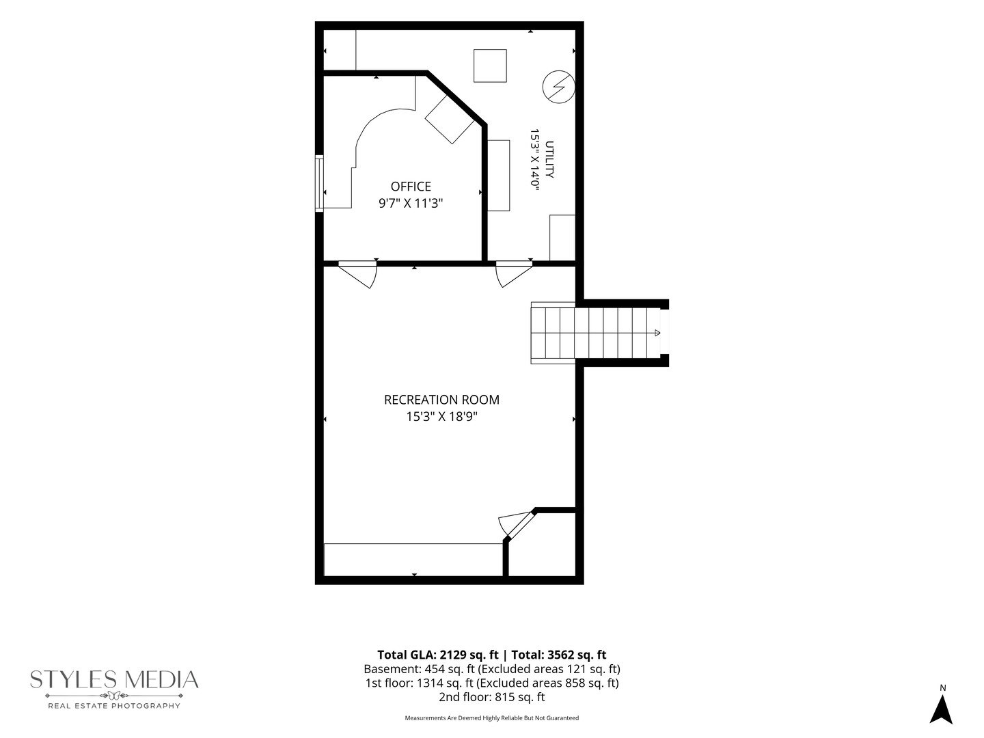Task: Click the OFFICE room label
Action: [x=411, y=187]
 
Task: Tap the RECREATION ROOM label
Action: [x=441, y=400]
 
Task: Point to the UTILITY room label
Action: [x=549, y=159]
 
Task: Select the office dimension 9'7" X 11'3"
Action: [x=411, y=204]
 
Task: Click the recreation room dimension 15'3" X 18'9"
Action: [x=441, y=417]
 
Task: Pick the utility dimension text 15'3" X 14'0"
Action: [x=534, y=159]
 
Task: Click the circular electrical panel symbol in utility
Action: [x=558, y=87]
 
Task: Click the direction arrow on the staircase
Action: [x=657, y=333]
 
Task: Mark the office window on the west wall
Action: [x=319, y=183]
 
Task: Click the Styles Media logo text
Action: [x=114, y=680]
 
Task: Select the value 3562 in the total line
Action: [x=561, y=655]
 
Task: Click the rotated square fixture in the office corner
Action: [x=450, y=119]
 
